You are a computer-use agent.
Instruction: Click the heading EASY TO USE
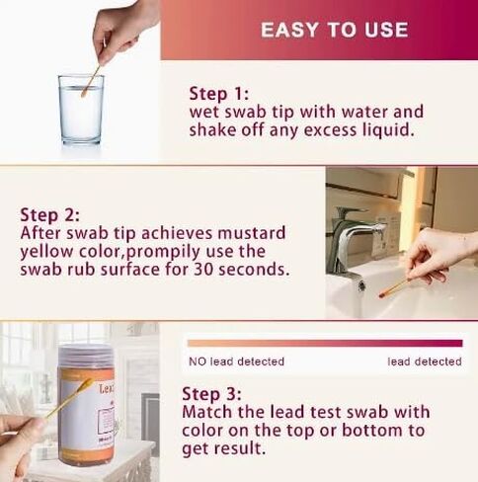point(335,30)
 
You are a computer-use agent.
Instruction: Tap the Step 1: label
point(219,94)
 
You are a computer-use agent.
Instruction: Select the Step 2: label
point(49,215)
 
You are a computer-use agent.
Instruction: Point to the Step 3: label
point(211,394)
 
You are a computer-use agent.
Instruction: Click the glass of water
point(81,110)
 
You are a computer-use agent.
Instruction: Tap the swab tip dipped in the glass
point(84,94)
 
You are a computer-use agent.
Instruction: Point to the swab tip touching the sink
point(382,293)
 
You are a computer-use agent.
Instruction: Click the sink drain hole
point(361,284)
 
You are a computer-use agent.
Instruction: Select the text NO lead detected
point(236,361)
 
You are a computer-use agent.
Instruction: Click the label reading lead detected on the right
point(425,361)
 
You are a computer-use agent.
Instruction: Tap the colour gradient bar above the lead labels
point(325,343)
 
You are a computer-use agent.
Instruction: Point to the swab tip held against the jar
point(86,383)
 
